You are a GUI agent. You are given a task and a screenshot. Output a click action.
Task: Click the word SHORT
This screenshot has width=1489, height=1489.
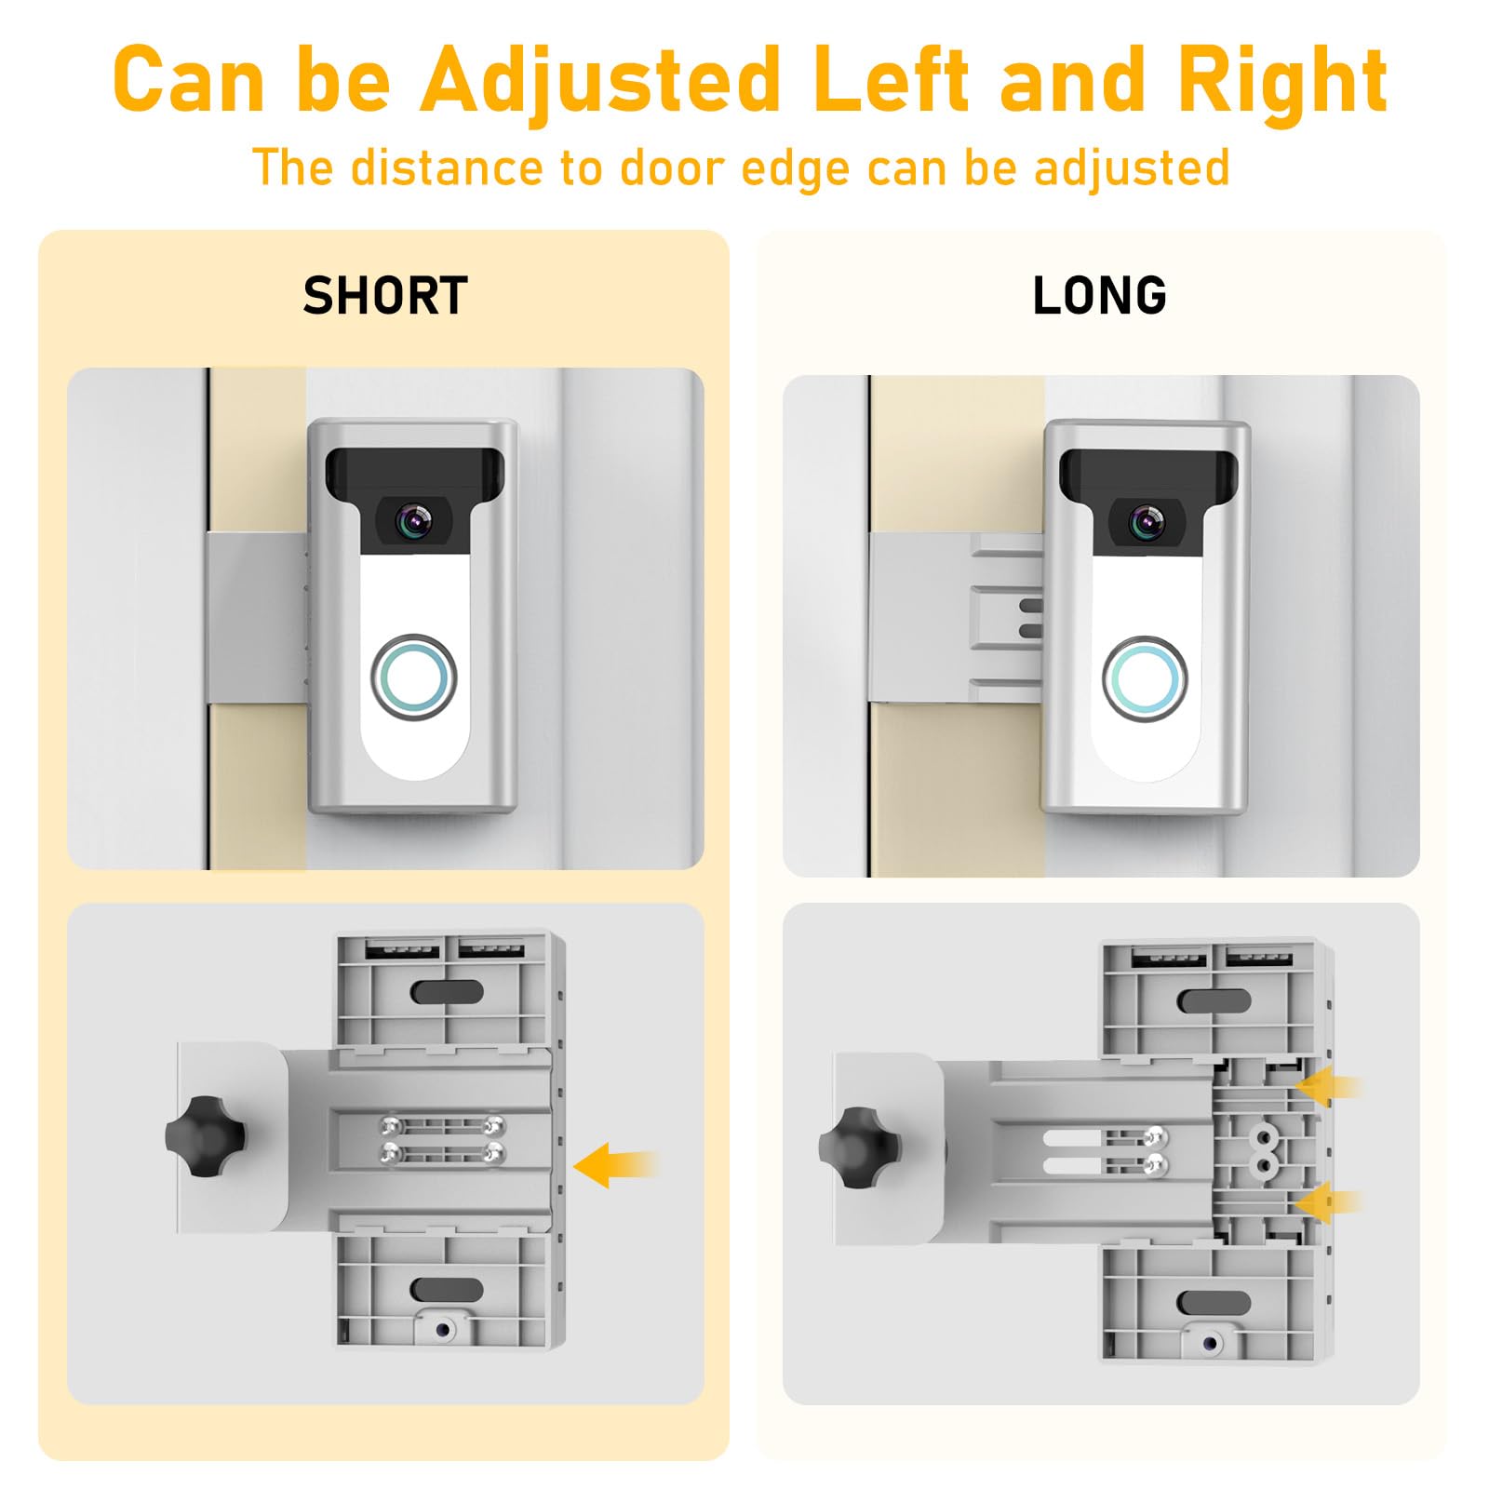coord(385,296)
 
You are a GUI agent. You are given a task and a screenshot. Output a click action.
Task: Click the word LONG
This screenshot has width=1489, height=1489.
coord(1099,296)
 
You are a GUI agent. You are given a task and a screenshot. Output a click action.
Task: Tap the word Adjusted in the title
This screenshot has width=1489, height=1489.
coord(600,82)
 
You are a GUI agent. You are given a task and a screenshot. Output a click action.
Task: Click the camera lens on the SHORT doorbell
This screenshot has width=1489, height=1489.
coord(413,523)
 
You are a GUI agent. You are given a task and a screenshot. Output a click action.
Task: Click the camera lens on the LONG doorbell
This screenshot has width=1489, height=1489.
coord(1147,523)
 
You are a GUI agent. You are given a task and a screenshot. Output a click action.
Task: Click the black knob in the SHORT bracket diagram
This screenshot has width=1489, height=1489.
coord(205,1136)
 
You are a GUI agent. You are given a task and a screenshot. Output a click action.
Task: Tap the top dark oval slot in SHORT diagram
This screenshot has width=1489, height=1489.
coord(447,991)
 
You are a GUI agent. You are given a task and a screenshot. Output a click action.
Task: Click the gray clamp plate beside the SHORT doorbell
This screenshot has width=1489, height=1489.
coord(253,617)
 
